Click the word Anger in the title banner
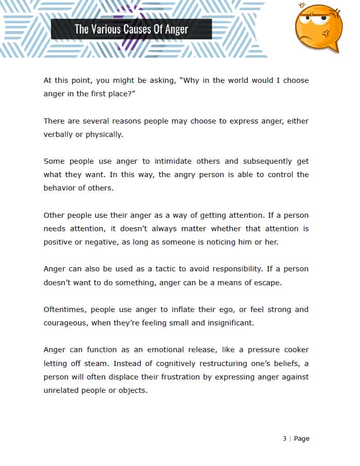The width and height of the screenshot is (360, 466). click(176, 29)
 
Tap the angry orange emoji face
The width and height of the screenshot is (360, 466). click(318, 27)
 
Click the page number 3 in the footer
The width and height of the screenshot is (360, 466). click(284, 439)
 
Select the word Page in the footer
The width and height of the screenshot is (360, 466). click(302, 439)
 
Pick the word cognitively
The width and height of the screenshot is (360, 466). click(175, 363)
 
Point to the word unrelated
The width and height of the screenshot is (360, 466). click(61, 390)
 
